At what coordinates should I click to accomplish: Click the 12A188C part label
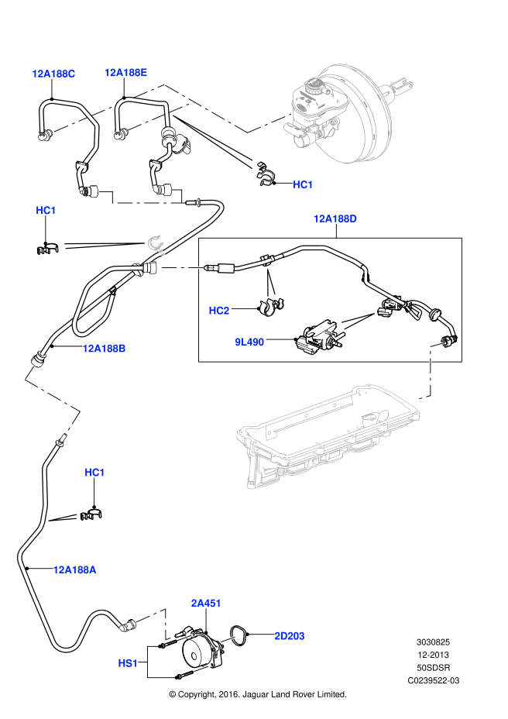[x=53, y=74]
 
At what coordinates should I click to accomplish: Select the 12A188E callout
[x=125, y=73]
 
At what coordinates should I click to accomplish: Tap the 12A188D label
[x=335, y=218]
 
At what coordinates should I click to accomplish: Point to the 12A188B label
[x=104, y=349]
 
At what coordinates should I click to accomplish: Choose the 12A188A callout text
[x=74, y=570]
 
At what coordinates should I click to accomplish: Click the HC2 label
[x=219, y=311]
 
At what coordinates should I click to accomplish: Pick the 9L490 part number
[x=249, y=342]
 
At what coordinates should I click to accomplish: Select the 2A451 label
[x=206, y=604]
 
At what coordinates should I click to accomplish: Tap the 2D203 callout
[x=289, y=636]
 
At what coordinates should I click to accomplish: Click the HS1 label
[x=128, y=663]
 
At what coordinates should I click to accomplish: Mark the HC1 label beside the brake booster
[x=303, y=184]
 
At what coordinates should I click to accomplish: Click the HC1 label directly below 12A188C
[x=46, y=211]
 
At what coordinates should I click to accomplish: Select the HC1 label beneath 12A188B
[x=94, y=473]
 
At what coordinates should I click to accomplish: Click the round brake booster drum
[x=356, y=116]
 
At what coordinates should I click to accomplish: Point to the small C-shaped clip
[x=156, y=245]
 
